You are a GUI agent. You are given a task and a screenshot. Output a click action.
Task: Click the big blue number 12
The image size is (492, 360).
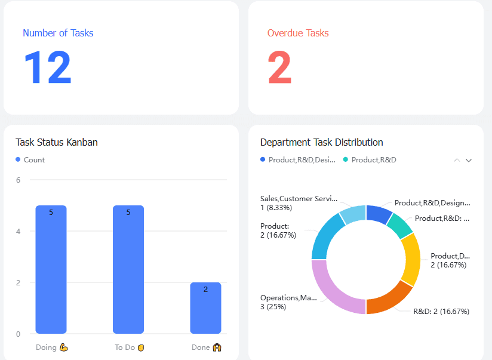[x=47, y=67]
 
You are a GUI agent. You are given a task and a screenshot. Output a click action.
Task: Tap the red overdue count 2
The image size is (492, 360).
[x=279, y=67]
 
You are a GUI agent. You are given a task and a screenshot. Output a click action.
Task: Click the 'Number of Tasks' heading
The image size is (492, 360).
[x=58, y=33]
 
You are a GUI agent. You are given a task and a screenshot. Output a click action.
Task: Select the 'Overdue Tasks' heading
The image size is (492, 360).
[x=298, y=33]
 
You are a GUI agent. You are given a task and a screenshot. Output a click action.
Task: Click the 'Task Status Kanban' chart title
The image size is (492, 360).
[x=57, y=142]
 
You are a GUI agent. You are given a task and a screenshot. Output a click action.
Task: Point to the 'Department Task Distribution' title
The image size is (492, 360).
[x=321, y=142]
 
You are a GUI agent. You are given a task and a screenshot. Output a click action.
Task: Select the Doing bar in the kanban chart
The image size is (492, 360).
[x=51, y=269]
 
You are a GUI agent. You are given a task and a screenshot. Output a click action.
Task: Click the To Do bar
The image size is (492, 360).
[x=128, y=269]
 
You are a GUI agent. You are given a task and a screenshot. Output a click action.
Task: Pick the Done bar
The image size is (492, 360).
[x=205, y=307]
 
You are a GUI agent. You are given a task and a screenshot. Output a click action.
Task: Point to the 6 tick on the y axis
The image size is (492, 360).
[x=19, y=180]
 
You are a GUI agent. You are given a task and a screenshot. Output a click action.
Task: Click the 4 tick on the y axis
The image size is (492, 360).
[x=19, y=231]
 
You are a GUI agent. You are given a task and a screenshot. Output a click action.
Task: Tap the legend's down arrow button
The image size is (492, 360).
[x=469, y=160]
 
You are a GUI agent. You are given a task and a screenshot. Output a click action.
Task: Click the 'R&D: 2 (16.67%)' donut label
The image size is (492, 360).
[x=441, y=311]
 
